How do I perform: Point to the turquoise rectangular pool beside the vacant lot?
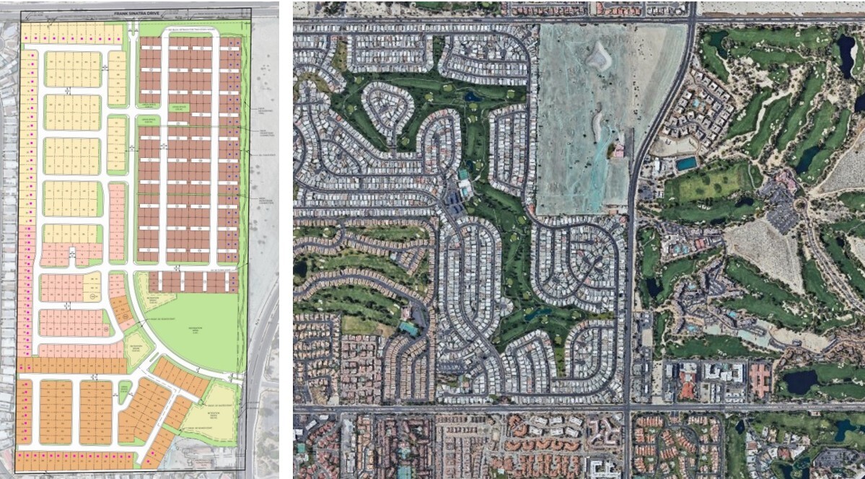(686, 163)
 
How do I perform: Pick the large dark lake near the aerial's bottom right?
(801, 382)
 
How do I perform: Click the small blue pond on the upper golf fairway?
(473, 96)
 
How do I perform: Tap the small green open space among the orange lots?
(125, 392)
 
